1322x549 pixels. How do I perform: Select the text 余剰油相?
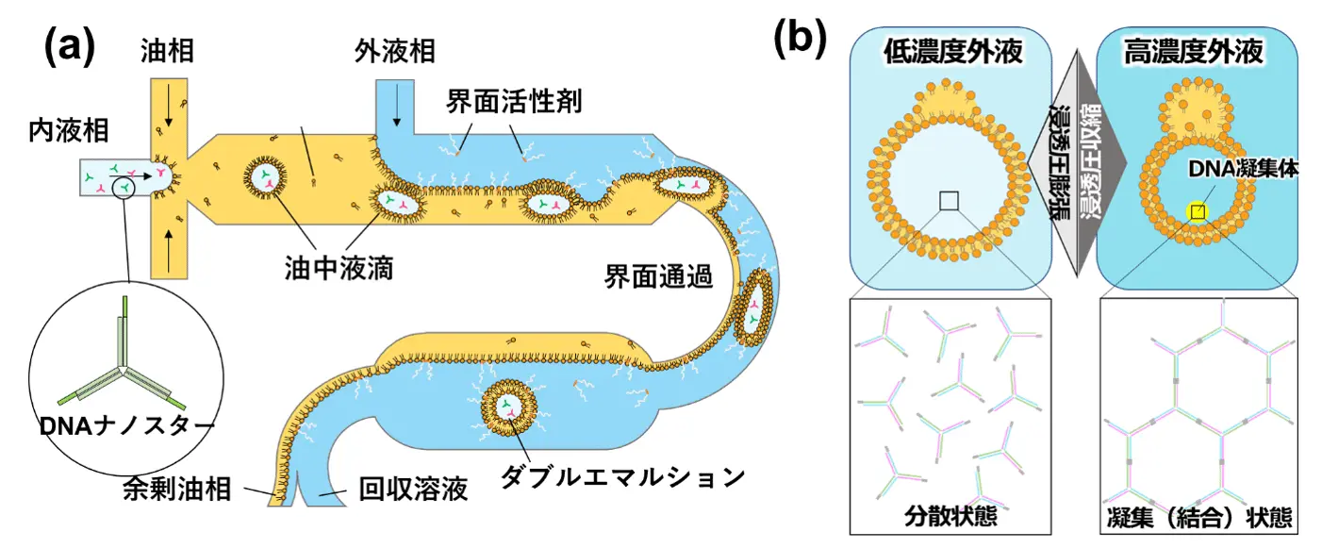[176, 490]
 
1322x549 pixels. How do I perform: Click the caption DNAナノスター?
[127, 426]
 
